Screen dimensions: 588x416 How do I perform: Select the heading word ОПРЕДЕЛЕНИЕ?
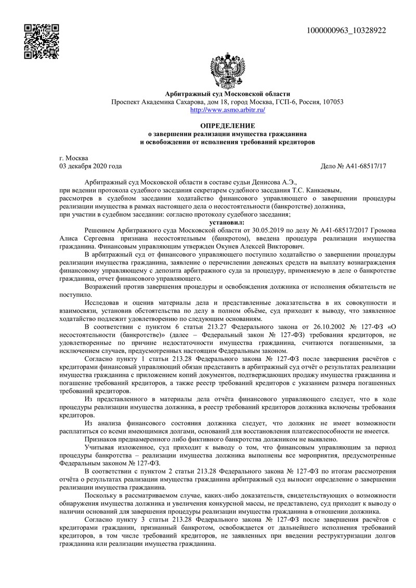228,126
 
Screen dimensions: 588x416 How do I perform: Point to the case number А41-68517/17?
364,166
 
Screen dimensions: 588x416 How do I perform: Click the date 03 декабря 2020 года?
91,166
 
